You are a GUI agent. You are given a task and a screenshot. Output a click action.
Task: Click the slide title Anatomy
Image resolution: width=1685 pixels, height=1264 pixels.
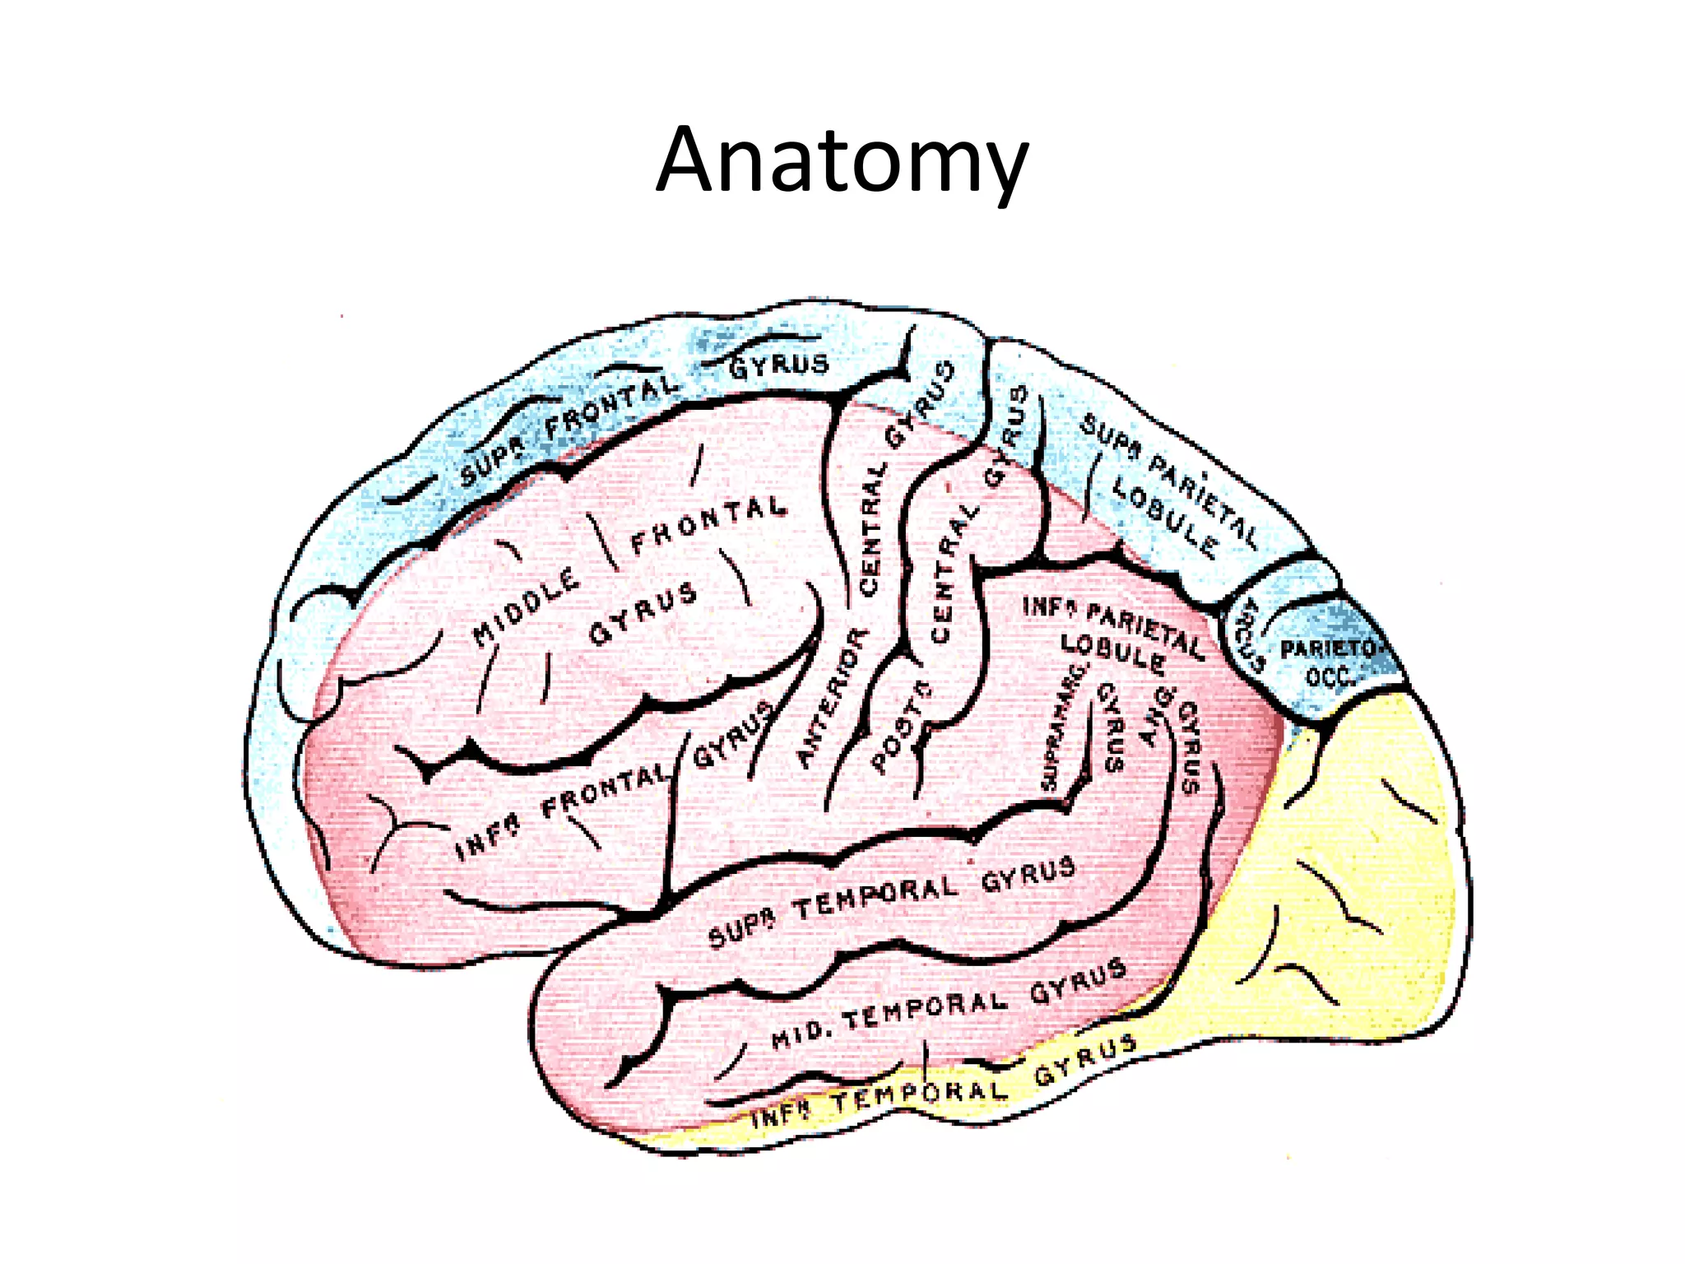coord(842,161)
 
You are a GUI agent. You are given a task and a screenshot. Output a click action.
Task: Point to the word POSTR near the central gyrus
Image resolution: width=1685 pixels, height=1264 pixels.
coord(901,728)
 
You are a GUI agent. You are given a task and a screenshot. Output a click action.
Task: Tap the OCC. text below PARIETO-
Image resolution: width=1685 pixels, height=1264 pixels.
coord(1329,676)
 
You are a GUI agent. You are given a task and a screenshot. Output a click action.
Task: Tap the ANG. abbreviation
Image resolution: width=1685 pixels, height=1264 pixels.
coord(1158,715)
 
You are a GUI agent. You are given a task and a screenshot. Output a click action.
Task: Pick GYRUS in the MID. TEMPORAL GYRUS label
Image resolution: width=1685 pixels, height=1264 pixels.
coord(1078,982)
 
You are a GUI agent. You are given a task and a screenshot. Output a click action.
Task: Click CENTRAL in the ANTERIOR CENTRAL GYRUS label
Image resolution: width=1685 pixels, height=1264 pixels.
coord(871,527)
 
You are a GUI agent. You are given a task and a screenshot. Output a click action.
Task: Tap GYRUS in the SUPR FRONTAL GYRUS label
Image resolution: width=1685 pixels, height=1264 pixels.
coord(778,365)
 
